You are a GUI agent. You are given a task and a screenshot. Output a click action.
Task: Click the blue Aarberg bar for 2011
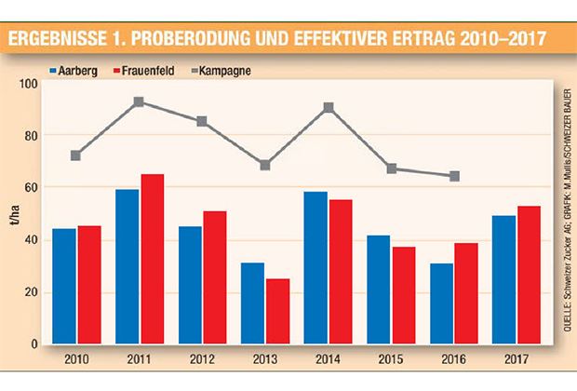coord(127,266)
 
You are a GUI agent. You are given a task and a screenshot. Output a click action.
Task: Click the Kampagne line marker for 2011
coord(139,101)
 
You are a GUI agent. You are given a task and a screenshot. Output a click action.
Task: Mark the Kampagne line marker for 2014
coord(329,107)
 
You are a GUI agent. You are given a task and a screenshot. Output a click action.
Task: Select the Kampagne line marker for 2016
coord(455,176)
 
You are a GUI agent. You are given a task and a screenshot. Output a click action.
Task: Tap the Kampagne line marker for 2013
coord(265,165)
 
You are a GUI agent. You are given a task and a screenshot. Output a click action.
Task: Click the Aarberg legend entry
coord(75,70)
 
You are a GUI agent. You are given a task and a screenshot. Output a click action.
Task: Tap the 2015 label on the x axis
coord(392,360)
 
